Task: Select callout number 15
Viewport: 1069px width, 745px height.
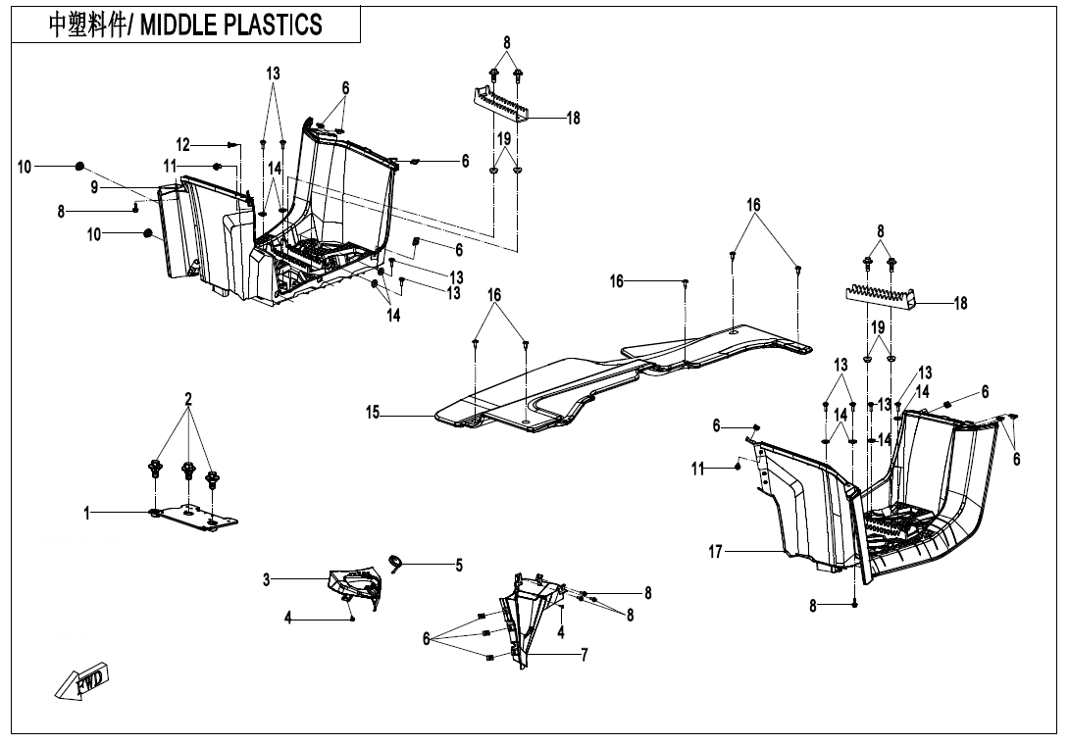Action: pyautogui.click(x=373, y=413)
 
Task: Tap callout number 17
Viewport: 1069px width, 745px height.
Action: pyautogui.click(x=716, y=553)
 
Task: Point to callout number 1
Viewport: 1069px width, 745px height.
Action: pyautogui.click(x=87, y=512)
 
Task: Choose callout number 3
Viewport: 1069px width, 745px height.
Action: pyautogui.click(x=266, y=579)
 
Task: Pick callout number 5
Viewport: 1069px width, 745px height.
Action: pyautogui.click(x=458, y=565)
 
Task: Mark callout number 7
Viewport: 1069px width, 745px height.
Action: pyautogui.click(x=585, y=655)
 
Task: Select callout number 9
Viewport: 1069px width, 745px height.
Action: pyautogui.click(x=94, y=186)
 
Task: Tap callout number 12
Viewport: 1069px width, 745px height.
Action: pyautogui.click(x=183, y=145)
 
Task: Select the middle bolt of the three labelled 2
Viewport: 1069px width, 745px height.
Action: pyautogui.click(x=187, y=473)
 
